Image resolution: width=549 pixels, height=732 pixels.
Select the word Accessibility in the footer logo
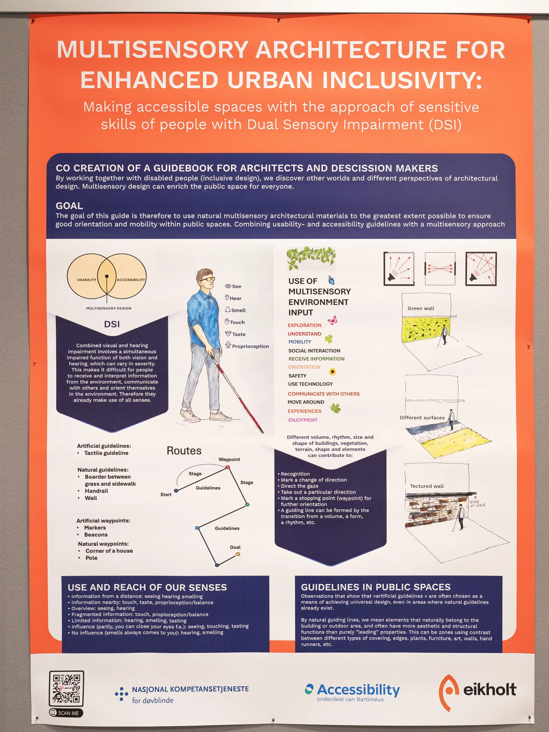(358, 690)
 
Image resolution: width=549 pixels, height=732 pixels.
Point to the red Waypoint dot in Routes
(228, 467)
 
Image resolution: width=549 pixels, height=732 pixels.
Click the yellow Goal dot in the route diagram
(238, 554)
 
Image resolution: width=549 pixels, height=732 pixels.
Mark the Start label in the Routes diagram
(166, 494)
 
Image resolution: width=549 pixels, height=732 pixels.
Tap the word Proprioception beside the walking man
(250, 346)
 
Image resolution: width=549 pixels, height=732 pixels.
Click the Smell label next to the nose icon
(238, 310)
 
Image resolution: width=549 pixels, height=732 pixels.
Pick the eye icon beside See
(228, 286)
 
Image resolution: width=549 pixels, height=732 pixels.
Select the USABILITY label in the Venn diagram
(87, 280)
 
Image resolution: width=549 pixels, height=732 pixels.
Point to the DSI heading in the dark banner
(112, 324)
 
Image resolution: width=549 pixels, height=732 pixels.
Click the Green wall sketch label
(421, 308)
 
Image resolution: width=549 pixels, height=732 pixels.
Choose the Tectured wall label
(427, 486)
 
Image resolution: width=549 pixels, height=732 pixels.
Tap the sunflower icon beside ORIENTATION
(332, 372)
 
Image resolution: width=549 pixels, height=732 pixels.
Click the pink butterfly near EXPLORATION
(332, 320)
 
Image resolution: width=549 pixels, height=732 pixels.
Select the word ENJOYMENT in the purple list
(303, 419)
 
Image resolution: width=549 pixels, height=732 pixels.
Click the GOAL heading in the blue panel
(69, 206)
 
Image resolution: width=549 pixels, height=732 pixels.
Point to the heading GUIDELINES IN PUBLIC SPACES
(376, 587)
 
